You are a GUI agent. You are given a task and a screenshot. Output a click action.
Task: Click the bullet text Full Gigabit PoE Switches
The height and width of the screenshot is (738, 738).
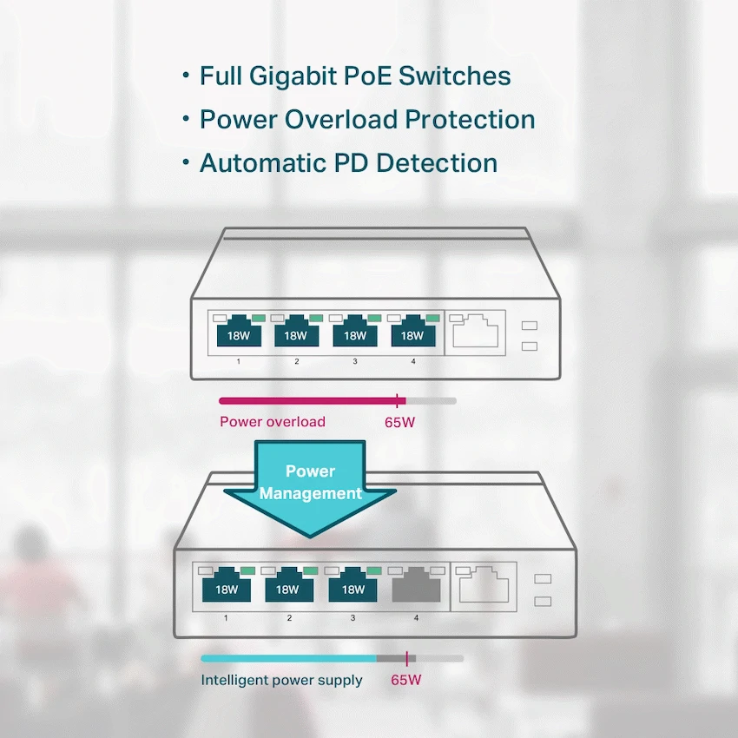coord(354,76)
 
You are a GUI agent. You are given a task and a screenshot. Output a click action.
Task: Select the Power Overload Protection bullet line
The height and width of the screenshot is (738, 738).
coord(366,120)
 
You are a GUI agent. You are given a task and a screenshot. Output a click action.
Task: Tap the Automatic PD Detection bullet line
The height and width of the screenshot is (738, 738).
coord(347,163)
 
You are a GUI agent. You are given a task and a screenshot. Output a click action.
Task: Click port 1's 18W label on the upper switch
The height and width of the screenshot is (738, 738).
coord(237,335)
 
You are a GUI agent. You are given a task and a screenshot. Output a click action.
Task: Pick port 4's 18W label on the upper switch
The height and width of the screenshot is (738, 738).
coord(412,335)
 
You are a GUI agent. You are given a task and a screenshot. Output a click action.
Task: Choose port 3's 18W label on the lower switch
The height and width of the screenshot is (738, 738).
coord(353,590)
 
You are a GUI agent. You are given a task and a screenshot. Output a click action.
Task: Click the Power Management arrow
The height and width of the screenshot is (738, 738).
coord(310,487)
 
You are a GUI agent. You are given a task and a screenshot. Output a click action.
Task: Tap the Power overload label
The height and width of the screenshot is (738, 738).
coord(273,422)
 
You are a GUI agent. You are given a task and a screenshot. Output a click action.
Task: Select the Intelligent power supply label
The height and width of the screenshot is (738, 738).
coord(281,680)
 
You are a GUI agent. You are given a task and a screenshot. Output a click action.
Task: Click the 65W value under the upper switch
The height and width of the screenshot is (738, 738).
coord(399,423)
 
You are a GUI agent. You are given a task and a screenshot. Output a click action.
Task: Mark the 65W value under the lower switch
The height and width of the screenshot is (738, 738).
coord(405,680)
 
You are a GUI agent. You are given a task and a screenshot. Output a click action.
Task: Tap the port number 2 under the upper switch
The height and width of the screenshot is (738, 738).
coord(296,360)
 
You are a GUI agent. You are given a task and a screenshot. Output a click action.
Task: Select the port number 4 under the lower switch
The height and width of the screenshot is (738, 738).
coord(416,618)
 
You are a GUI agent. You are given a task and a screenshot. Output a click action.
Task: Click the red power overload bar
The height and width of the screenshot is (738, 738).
coord(308,401)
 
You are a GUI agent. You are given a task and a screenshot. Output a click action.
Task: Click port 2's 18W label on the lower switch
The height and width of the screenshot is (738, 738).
coord(289,590)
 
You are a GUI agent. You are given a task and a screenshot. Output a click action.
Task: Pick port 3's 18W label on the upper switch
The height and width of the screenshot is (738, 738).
coord(354,335)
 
